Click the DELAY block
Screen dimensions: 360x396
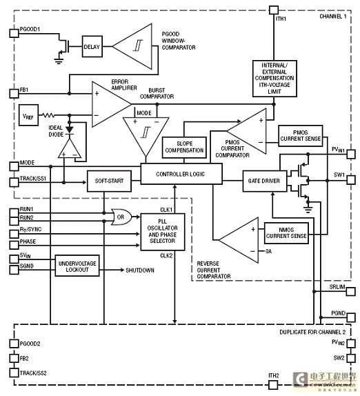pos(92,46)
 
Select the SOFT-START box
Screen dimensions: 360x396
pos(109,181)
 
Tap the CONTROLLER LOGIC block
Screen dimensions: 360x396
pos(181,174)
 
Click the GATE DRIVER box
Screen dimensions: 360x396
pos(265,181)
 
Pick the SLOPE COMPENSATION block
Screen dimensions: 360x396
pos(184,147)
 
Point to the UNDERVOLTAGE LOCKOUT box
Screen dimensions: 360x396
pos(77,266)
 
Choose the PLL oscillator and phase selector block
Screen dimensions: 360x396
pos(163,232)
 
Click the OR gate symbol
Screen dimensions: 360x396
pos(121,217)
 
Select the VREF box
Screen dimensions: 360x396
pos(28,115)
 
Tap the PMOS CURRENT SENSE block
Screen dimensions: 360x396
pos(301,136)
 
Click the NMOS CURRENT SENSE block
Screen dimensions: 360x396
pos(286,233)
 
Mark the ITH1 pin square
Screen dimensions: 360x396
pos(274,10)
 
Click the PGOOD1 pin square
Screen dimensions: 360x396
pos(14,33)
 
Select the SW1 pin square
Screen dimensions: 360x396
pos(351,180)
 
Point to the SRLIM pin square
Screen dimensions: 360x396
pos(351,291)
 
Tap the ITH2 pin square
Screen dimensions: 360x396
pos(273,385)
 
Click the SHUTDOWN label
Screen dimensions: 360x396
pos(140,270)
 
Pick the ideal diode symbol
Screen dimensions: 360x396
pos(70,130)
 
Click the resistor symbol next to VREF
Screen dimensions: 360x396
pos(48,115)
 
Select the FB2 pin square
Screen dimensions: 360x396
pos(14,358)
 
